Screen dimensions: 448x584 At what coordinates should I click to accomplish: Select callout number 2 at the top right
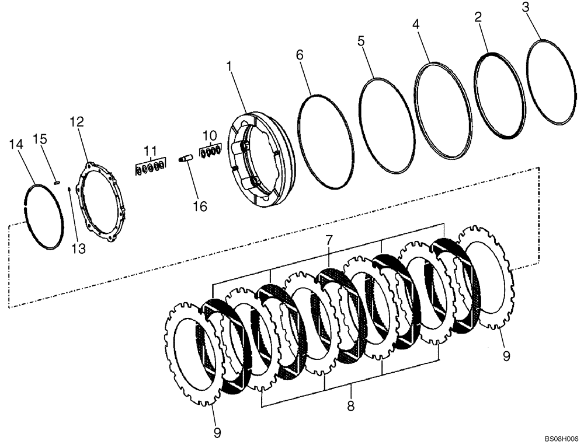[478, 17]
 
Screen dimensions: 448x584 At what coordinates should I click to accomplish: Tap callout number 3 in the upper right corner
[526, 8]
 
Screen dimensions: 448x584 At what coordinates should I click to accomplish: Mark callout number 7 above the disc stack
[329, 240]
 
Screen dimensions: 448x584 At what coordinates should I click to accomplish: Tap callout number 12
[77, 122]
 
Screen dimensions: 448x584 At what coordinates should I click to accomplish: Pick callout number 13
[78, 249]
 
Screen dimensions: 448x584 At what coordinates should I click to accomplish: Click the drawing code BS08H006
[561, 437]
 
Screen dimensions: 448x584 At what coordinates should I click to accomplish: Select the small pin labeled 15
[57, 183]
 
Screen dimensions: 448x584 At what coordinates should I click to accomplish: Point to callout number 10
[210, 135]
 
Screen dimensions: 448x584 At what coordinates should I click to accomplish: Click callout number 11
[151, 149]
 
